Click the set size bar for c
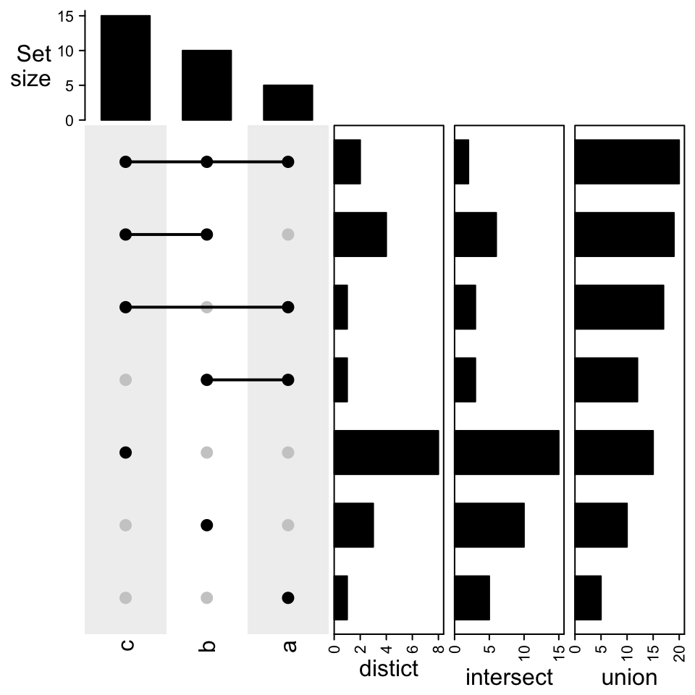coord(125,67)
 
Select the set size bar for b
coord(206,85)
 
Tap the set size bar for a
coord(287,102)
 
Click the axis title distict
coord(389,669)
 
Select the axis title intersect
coord(509,678)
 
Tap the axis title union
coord(629,678)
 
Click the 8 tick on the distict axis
coord(439,648)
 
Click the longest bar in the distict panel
coord(387,452)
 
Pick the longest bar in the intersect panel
coord(507,452)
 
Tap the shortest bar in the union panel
coord(588,598)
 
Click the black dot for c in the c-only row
coord(125,452)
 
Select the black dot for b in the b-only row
coord(206,525)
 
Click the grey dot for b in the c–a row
coord(206,307)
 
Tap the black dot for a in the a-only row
coord(287,598)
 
